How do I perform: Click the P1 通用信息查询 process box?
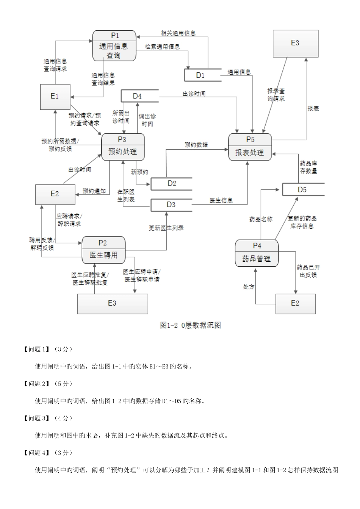(x=114, y=46)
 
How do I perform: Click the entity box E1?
(x=55, y=97)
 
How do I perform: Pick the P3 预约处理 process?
(x=123, y=147)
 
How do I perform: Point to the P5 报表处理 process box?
(x=250, y=147)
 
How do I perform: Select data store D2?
(x=172, y=183)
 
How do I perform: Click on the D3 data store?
(x=171, y=205)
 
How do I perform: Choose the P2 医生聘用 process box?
(x=103, y=250)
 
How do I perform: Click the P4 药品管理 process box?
(x=257, y=253)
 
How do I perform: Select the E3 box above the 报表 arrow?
(x=295, y=43)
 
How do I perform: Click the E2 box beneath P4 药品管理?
(x=295, y=303)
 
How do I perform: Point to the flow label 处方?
(x=249, y=287)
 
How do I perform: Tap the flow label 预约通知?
(x=94, y=191)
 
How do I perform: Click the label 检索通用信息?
(x=162, y=47)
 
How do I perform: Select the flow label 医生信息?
(x=221, y=200)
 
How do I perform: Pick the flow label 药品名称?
(x=261, y=219)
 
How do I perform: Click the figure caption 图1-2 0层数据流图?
(x=191, y=325)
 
